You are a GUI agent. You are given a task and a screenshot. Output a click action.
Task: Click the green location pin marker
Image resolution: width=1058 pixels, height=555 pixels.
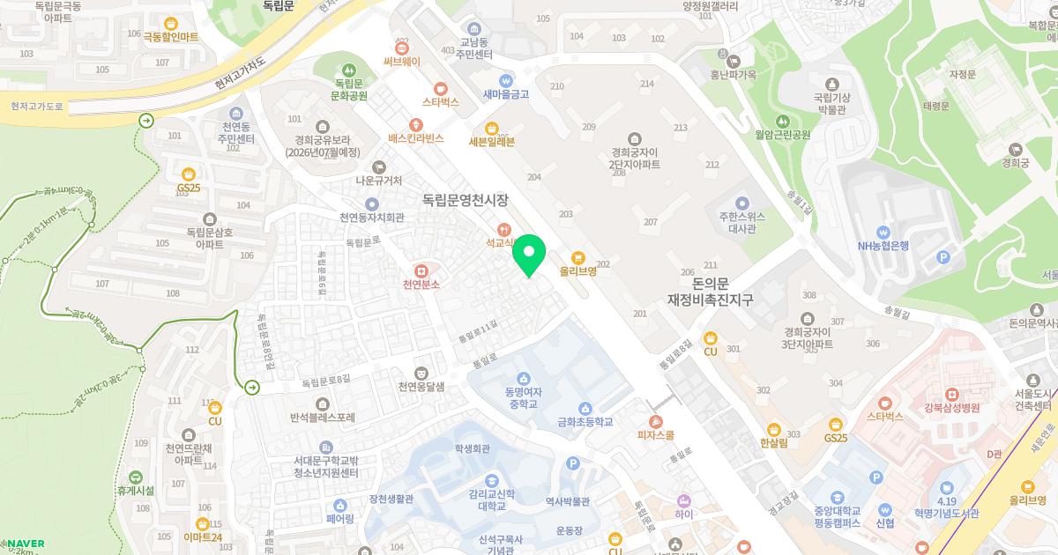pyautogui.click(x=529, y=255)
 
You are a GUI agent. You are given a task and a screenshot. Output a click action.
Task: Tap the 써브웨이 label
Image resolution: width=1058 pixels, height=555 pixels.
pyautogui.click(x=402, y=62)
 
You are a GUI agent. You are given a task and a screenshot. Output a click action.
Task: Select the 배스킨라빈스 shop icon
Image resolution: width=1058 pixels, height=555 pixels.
pyautogui.click(x=414, y=124)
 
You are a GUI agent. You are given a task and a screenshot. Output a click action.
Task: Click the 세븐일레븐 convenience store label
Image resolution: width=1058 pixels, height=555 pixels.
pyautogui.click(x=491, y=141)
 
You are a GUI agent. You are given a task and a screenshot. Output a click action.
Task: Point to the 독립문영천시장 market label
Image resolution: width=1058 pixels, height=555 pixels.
pyautogui.click(x=459, y=200)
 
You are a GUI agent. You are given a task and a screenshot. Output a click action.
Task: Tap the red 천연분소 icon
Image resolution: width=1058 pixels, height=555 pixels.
pyautogui.click(x=421, y=270)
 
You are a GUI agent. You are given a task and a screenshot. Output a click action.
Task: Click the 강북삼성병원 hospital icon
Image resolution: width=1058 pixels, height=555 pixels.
pyautogui.click(x=950, y=393)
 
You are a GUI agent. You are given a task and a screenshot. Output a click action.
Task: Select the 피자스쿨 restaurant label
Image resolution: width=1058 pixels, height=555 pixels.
pyautogui.click(x=656, y=435)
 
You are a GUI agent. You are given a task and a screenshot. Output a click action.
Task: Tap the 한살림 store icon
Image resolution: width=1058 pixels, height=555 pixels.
pyautogui.click(x=773, y=428)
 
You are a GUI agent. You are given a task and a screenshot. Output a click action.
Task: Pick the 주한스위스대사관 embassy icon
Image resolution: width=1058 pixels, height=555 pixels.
pyautogui.click(x=741, y=203)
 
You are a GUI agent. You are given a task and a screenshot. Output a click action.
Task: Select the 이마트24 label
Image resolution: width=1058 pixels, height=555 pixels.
pyautogui.click(x=203, y=537)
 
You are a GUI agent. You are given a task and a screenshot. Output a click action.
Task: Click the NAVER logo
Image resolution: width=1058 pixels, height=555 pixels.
pyautogui.click(x=24, y=543)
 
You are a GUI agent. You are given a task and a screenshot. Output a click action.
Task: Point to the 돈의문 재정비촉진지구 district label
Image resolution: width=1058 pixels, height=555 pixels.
pyautogui.click(x=710, y=292)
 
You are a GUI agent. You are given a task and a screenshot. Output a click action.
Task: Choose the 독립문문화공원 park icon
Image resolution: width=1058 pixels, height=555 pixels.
pyautogui.click(x=349, y=70)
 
